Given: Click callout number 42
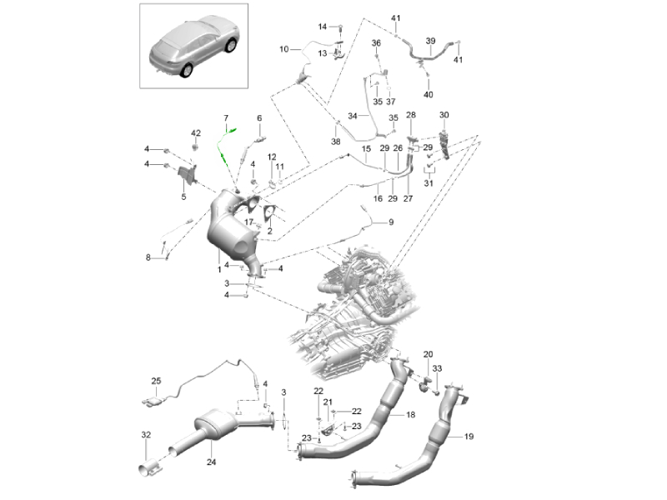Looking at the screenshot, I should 196,133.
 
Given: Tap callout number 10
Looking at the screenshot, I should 283,49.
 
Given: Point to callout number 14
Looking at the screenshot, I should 323,27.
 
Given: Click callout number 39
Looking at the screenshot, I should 430,40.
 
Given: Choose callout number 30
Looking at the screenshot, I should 444,114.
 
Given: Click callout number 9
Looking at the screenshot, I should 389,222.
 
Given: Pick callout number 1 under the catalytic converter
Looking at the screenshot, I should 218,269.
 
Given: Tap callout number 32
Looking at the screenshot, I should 146,434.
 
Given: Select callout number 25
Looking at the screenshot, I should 155,382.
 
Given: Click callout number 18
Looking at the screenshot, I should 409,414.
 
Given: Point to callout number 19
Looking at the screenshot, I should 468,435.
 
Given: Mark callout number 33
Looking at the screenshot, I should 438,368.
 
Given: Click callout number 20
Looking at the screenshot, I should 428,353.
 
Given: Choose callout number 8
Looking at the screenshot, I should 148,257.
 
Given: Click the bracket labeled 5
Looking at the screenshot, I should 188,176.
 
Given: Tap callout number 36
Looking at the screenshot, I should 376,42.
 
